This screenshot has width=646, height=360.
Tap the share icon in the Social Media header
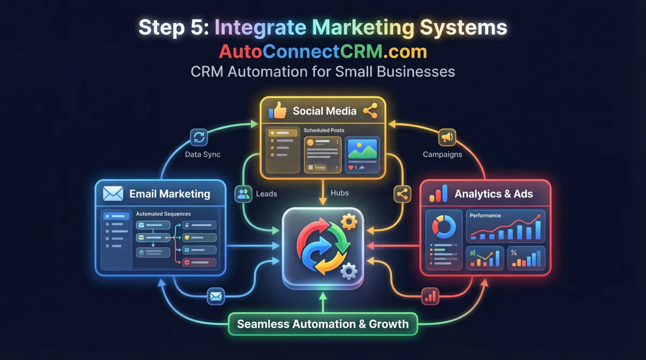click(370, 111)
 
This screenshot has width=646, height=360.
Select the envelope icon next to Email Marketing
click(113, 194)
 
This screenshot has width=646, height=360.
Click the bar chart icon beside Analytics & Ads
click(439, 194)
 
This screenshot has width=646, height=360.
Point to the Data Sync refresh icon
click(199, 137)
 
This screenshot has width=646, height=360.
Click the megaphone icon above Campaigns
click(447, 137)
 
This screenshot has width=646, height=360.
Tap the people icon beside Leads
click(244, 194)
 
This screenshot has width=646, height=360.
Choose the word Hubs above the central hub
click(340, 193)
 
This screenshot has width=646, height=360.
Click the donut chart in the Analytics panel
click(444, 227)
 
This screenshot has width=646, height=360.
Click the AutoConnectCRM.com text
click(322, 51)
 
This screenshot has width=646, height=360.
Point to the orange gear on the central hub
click(349, 221)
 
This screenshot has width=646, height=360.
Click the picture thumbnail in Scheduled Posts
click(362, 149)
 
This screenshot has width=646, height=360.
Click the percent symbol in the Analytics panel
click(514, 252)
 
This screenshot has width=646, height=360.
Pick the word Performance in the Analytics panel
click(485, 215)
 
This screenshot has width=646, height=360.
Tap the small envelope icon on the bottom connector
click(216, 295)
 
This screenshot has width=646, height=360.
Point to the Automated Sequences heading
click(163, 214)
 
